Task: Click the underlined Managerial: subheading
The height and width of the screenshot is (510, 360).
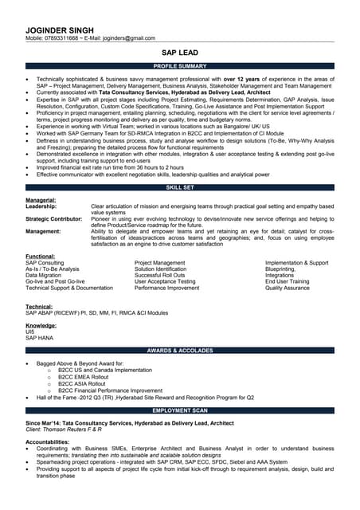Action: pyautogui.click(x=41, y=200)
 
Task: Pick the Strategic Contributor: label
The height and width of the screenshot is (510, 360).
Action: pyautogui.click(x=53, y=218)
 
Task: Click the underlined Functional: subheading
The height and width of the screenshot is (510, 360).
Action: pyautogui.click(x=40, y=256)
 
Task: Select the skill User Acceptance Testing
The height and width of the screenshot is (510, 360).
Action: pyautogui.click(x=165, y=281)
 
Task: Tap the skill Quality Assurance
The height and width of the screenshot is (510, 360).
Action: pyautogui.click(x=288, y=288)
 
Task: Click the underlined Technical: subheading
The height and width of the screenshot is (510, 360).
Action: pyautogui.click(x=39, y=307)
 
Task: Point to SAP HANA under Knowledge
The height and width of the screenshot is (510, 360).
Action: pyautogui.click(x=40, y=339)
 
